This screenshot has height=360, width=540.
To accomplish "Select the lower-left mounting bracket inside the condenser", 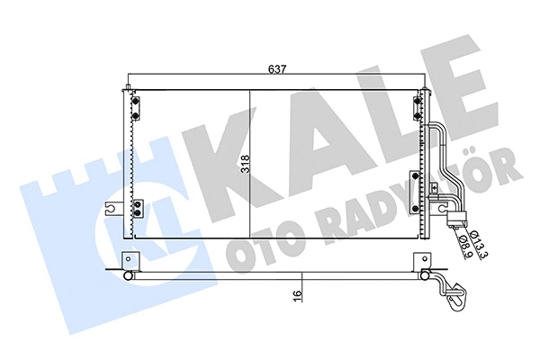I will (x=138, y=209).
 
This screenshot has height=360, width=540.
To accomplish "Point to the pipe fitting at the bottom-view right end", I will (x=454, y=290).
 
